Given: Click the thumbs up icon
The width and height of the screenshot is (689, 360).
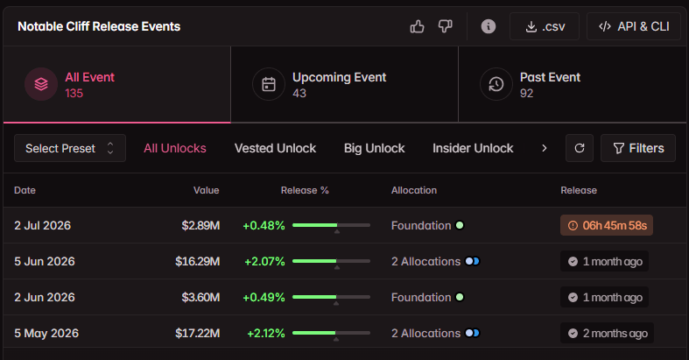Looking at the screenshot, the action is pyautogui.click(x=417, y=27).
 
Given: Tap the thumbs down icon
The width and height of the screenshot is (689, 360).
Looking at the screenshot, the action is pyautogui.click(x=445, y=26).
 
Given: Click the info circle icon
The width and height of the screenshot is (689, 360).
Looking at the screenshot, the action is pyautogui.click(x=489, y=26).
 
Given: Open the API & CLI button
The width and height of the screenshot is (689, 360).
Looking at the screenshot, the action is pyautogui.click(x=633, y=26).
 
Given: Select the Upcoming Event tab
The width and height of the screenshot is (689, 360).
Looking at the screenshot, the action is pyautogui.click(x=345, y=84).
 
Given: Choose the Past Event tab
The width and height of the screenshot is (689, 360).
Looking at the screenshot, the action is pyautogui.click(x=572, y=84).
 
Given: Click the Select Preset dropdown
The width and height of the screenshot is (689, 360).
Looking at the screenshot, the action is pyautogui.click(x=70, y=148).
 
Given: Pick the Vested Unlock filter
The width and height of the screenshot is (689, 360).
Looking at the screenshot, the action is pyautogui.click(x=275, y=148).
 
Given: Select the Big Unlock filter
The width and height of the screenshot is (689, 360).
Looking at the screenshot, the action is pyautogui.click(x=375, y=148).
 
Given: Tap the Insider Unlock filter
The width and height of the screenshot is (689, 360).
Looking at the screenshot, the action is pyautogui.click(x=473, y=148).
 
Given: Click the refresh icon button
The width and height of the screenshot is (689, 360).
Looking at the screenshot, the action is pyautogui.click(x=580, y=148).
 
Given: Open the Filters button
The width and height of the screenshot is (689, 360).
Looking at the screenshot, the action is pyautogui.click(x=638, y=148).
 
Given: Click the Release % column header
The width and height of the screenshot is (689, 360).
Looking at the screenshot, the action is pyautogui.click(x=305, y=190).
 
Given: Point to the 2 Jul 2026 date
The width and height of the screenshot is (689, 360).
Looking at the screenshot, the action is pyautogui.click(x=43, y=225).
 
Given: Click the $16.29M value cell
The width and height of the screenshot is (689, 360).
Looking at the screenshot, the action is pyautogui.click(x=197, y=262).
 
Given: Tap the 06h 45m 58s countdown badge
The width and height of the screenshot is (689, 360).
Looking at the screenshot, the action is pyautogui.click(x=607, y=225).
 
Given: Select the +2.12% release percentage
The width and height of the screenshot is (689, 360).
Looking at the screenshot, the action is pyautogui.click(x=266, y=333).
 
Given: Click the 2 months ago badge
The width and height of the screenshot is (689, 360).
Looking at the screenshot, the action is pyautogui.click(x=607, y=333).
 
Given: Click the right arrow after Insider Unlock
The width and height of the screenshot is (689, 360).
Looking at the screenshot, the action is pyautogui.click(x=544, y=148).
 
